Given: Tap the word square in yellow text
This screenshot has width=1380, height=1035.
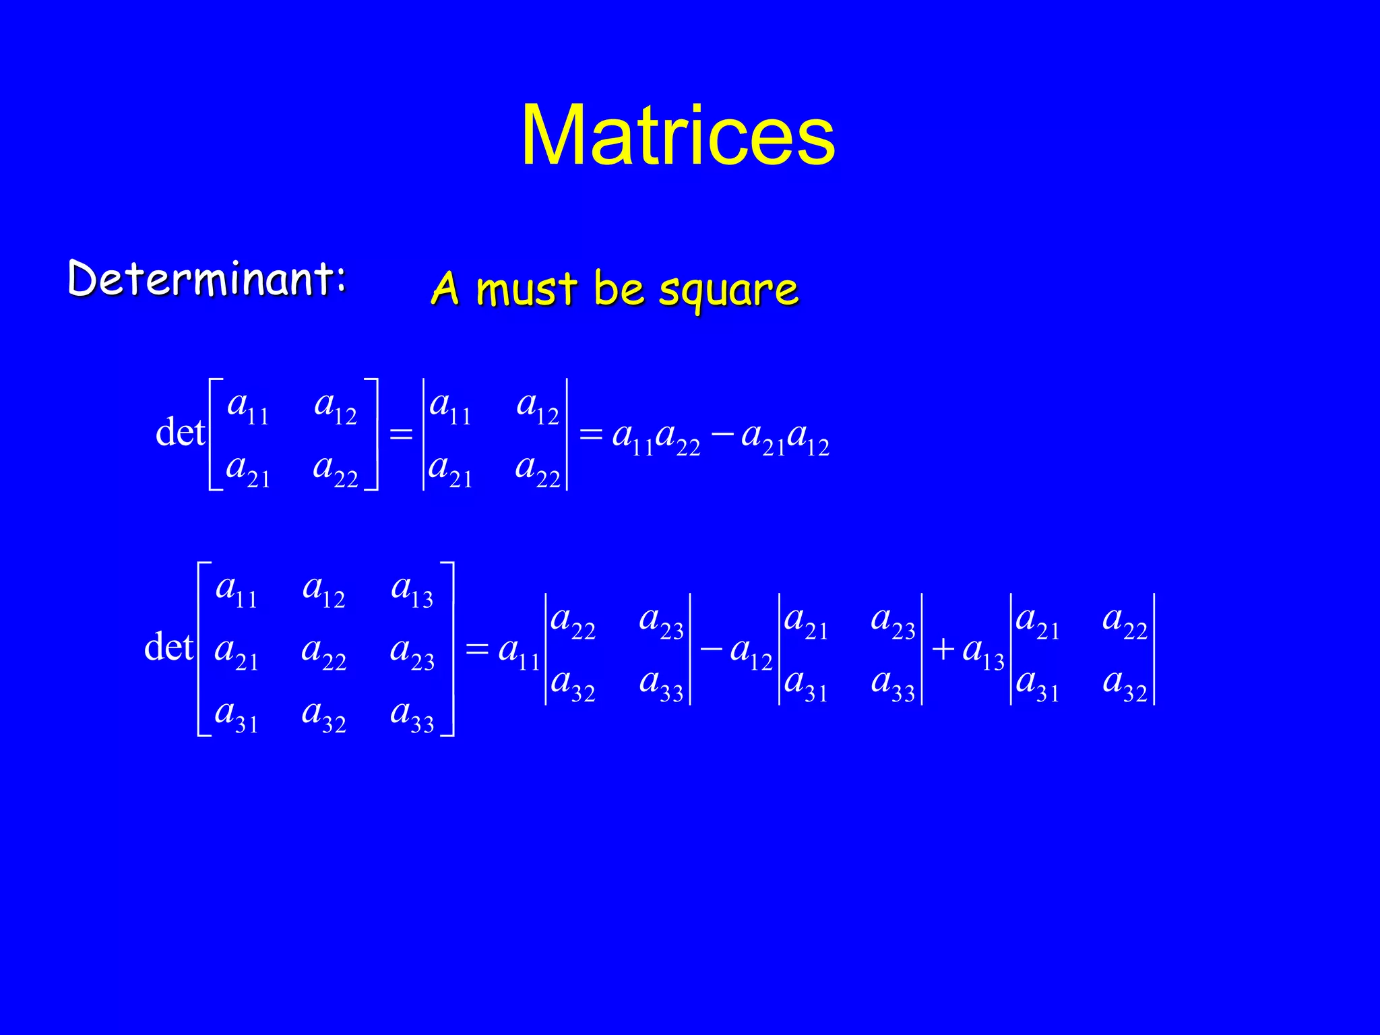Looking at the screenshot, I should coord(728,290).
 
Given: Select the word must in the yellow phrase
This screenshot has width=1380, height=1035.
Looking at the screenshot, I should coord(526,290).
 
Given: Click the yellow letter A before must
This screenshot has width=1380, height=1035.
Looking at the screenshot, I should coord(445,289).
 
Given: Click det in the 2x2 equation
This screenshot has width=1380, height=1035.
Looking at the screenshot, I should coord(179,433).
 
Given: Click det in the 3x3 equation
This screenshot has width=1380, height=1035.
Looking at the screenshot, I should coord(168,648).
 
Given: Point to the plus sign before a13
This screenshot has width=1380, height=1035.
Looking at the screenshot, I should coord(943,649).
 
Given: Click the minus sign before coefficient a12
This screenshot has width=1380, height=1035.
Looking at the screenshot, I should coord(712,649).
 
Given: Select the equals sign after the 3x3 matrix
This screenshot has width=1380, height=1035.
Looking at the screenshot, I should coord(476,649).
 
